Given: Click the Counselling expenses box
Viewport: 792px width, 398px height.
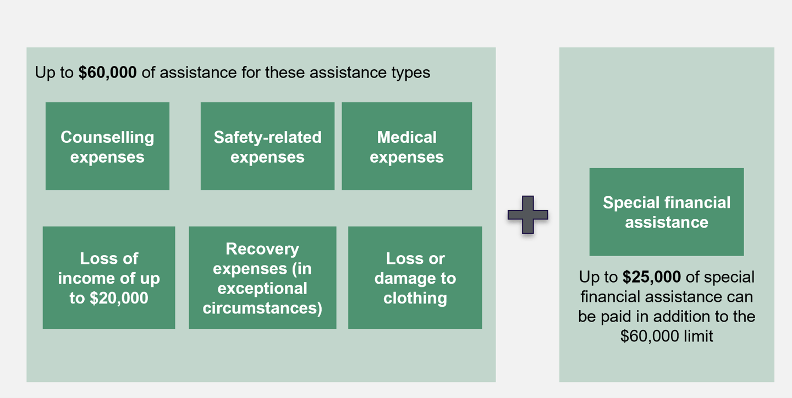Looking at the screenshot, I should pos(107,146).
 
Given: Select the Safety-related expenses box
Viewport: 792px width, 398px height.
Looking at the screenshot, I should pos(267,146).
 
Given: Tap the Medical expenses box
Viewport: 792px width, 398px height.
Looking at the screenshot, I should pos(406,146).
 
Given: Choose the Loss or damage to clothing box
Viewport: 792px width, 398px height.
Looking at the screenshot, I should pos(415,278).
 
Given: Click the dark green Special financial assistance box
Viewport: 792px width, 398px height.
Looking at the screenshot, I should pos(666,212).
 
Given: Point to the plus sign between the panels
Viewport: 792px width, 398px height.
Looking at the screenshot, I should pos(527,214).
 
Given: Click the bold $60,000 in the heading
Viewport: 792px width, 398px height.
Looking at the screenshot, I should pos(107,73).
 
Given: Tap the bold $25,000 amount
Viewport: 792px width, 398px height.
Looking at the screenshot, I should pos(652,277).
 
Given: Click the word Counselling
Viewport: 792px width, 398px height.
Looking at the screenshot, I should pos(107,137).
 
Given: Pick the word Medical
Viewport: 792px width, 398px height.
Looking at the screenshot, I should pos(406,137).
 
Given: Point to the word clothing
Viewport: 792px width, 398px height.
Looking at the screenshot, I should pos(415,298).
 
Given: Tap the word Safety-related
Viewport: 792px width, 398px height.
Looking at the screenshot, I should pos(267,137).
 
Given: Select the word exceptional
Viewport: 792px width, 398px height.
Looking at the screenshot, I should pos(262,288).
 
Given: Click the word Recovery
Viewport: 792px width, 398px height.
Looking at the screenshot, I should pos(262,249).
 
